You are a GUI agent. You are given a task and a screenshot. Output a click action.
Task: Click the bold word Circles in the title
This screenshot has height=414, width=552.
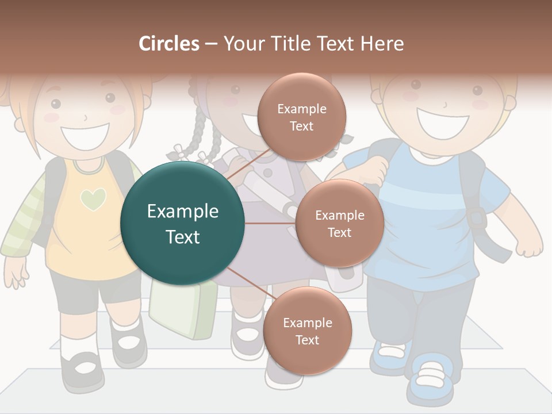point(169,44)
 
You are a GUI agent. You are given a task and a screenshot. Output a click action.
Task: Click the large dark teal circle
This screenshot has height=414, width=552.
point(182,223)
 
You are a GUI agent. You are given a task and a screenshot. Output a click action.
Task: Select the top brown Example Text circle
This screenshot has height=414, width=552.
point(301,117)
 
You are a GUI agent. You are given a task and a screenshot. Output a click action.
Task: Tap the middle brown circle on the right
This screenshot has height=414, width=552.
point(339,223)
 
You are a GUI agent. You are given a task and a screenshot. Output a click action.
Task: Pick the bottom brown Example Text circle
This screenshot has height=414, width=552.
point(307,331)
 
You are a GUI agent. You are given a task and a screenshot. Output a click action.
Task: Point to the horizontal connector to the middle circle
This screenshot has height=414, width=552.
point(270,223)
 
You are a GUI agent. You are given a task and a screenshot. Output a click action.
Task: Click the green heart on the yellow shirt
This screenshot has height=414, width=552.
point(93,199)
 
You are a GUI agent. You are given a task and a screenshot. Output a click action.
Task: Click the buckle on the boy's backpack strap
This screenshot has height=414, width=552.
point(477,218)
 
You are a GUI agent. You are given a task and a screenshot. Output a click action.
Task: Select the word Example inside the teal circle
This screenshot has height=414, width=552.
point(182,211)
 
